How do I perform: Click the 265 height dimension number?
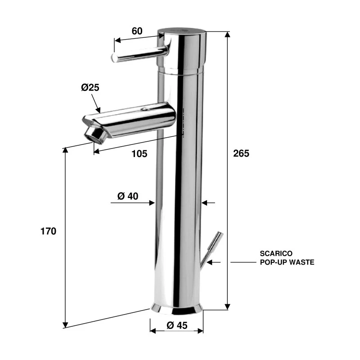241,153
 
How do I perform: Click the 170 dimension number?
48,231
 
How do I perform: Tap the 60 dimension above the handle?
137,31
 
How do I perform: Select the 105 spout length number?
139,154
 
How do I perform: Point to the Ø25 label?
90,88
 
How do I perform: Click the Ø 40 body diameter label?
128,196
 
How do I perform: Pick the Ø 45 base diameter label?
176,325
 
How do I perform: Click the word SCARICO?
276,254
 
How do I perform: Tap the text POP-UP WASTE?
287,262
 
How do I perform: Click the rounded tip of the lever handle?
115,58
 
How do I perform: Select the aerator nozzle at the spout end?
96,134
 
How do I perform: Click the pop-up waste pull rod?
209,250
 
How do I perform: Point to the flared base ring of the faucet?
176,309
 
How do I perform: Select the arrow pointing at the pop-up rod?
215,262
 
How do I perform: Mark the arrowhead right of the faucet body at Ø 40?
205,203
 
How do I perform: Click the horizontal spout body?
135,119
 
